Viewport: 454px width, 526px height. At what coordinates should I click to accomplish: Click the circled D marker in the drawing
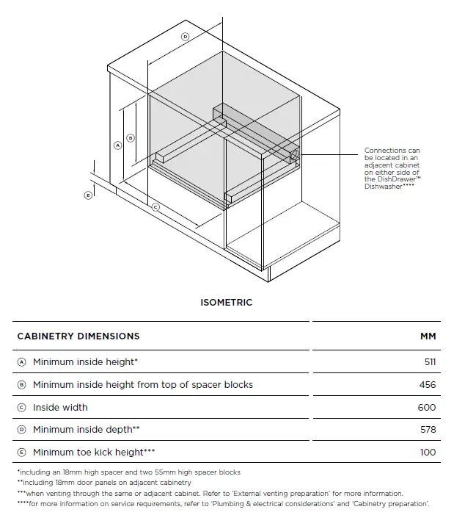pos(185,36)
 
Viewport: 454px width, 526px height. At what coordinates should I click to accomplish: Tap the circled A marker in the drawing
pos(117,145)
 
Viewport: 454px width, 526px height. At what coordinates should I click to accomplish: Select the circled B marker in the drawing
pos(130,137)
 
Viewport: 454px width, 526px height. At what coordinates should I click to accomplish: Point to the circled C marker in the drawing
pos(155,207)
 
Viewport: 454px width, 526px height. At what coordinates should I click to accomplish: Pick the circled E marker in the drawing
pos(88,195)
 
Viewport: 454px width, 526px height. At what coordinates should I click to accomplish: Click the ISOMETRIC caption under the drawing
pos(226,302)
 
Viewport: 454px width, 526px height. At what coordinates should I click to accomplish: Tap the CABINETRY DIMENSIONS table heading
pos(78,336)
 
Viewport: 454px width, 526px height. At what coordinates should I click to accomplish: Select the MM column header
pos(428,336)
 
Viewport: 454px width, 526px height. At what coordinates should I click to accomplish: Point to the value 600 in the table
pos(426,408)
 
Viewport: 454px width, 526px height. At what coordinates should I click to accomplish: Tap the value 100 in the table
pos(428,453)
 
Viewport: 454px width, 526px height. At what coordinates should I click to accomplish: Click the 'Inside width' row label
pos(60,408)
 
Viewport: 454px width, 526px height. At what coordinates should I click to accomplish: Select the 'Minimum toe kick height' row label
pos(89,453)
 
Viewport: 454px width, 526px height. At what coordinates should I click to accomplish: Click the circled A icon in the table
pos(21,362)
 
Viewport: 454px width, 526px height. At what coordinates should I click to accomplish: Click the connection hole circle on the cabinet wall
pos(295,156)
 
